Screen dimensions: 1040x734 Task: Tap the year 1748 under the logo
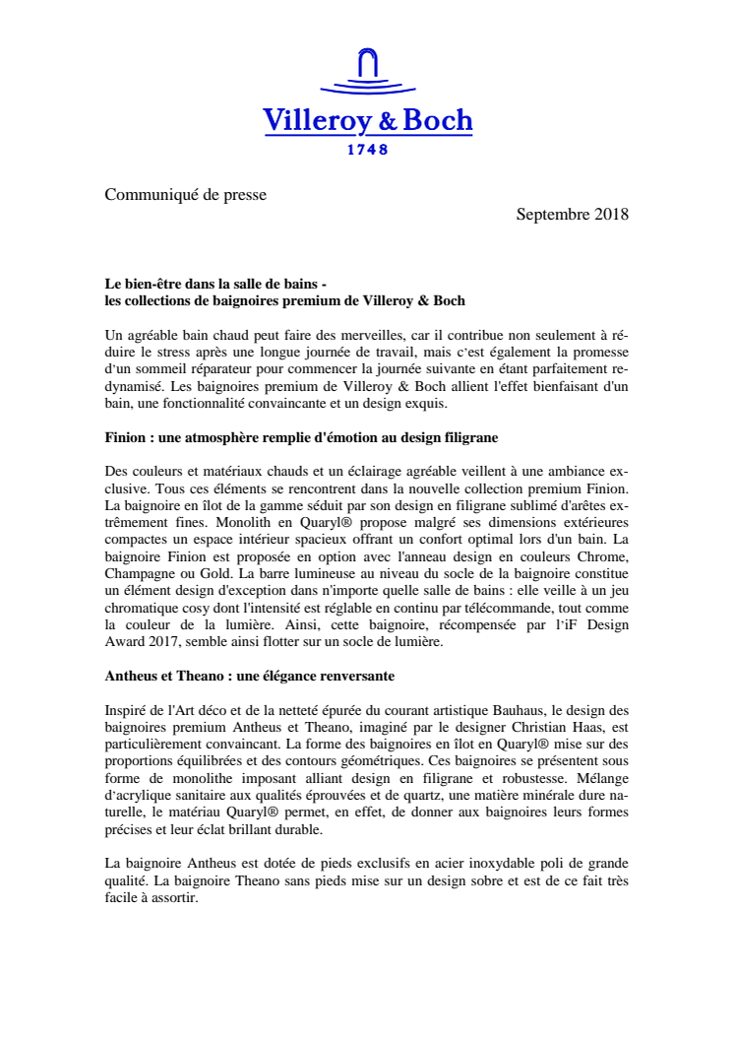pos(368,150)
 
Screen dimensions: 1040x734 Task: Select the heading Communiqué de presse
pos(186,194)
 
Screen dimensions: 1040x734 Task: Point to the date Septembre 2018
pos(572,214)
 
